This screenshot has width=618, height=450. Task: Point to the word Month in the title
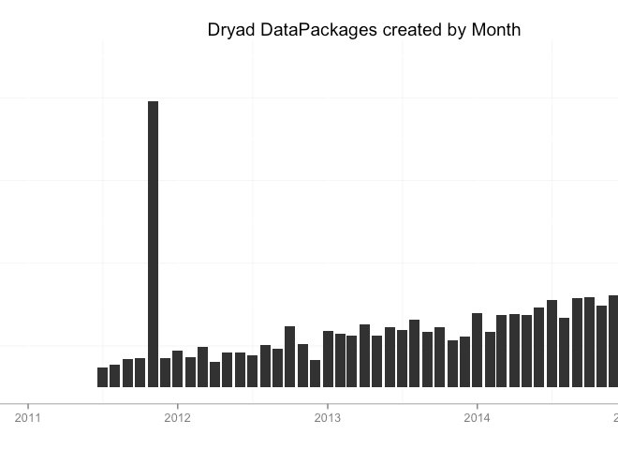click(495, 30)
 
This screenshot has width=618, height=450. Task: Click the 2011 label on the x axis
click(28, 417)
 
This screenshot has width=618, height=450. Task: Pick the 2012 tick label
click(177, 417)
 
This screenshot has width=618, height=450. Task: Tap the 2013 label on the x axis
click(327, 417)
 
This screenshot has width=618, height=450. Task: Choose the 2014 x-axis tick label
click(477, 417)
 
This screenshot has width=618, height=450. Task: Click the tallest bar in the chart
click(153, 244)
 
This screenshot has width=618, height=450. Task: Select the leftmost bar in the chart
click(103, 377)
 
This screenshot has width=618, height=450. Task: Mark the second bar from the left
click(115, 376)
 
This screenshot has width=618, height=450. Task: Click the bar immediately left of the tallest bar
click(140, 372)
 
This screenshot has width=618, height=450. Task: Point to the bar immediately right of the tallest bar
click(165, 372)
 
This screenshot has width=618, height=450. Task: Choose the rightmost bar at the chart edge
click(613, 341)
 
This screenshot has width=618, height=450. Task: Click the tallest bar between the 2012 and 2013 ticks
click(290, 356)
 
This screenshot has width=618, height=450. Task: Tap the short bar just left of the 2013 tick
click(316, 373)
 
